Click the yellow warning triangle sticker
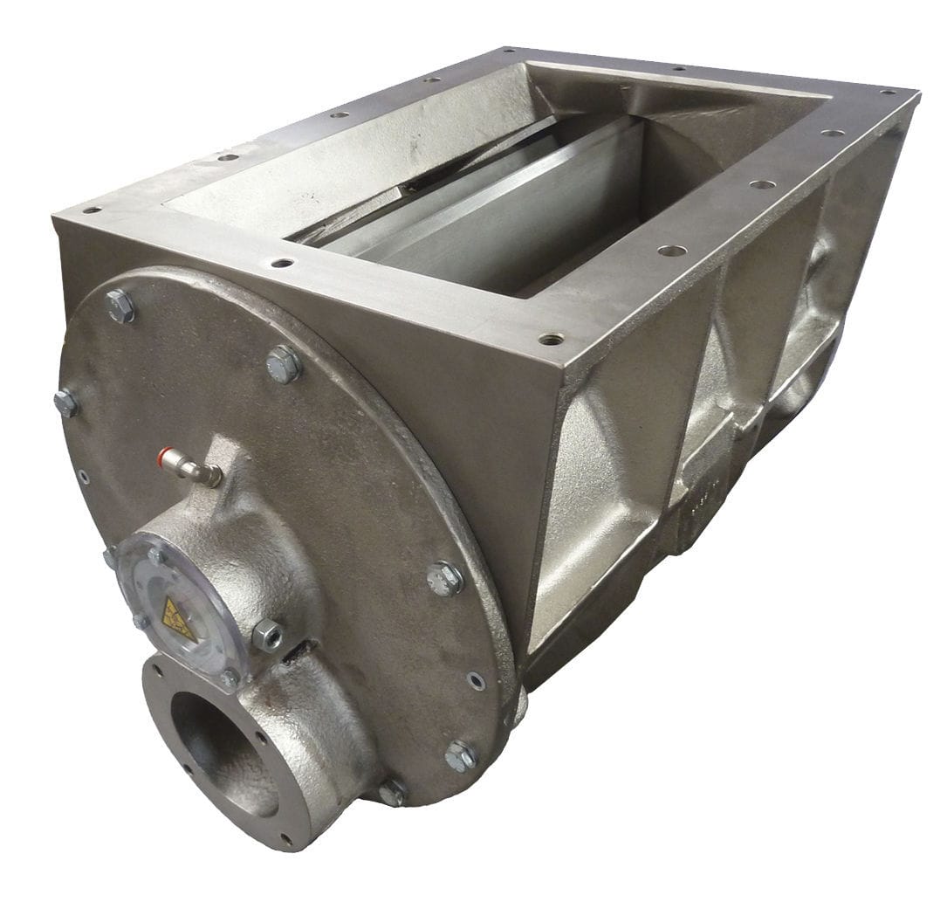pyautogui.click(x=178, y=617)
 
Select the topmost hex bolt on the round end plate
pyautogui.click(x=120, y=306)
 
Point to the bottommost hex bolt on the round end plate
pyautogui.click(x=392, y=791)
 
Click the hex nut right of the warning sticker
pyautogui.click(x=266, y=635)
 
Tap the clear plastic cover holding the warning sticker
pyautogui.click(x=175, y=602)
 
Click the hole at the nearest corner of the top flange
pyautogui.click(x=550, y=339)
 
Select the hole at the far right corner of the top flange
pyautogui.click(x=888, y=92)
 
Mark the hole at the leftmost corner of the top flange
pyautogui.click(x=91, y=210)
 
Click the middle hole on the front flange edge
pyautogui.click(x=281, y=262)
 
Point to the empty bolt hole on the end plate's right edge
pyautogui.click(x=476, y=680)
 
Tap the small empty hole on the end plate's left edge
pyautogui.click(x=83, y=477)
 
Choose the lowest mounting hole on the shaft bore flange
pyautogui.click(x=285, y=839)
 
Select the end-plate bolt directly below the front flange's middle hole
pyautogui.click(x=283, y=363)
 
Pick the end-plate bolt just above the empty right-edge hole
pyautogui.click(x=445, y=578)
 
